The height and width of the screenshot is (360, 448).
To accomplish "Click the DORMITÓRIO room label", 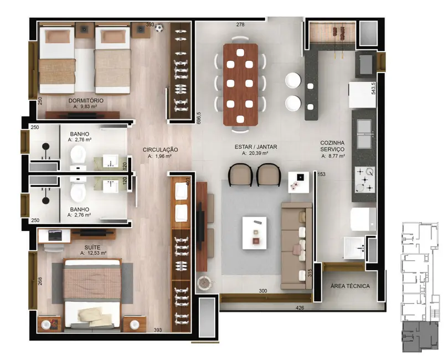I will click(x=86, y=100).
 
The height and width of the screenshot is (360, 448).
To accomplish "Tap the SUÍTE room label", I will click(x=93, y=247).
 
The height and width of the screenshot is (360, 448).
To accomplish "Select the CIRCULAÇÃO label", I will click(x=160, y=150).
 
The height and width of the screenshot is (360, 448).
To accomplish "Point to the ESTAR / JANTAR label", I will click(x=255, y=147).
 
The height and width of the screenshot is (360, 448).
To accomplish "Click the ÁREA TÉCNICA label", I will click(x=349, y=286).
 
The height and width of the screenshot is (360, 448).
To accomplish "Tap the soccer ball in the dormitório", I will click(x=159, y=27).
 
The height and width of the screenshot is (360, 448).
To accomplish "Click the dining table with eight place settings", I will click(x=240, y=83).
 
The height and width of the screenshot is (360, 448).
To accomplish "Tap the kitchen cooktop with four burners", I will click(x=364, y=179).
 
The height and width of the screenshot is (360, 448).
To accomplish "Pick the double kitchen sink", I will click(x=364, y=133).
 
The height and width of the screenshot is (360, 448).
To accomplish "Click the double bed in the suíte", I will click(x=92, y=294).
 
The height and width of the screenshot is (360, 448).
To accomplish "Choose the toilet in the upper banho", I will click(x=78, y=161).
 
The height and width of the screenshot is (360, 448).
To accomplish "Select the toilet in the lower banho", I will click(x=78, y=192).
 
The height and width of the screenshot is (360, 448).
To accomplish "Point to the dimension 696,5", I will click(x=198, y=119).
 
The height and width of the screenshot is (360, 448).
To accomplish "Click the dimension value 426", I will click(x=300, y=307).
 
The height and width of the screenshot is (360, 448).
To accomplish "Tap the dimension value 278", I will click(x=240, y=25).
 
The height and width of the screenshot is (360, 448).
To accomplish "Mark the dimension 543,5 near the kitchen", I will click(x=374, y=89).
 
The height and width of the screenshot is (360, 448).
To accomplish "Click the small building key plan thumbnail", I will click(x=418, y=285).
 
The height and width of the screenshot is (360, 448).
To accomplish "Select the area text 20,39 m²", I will click(x=256, y=154).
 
